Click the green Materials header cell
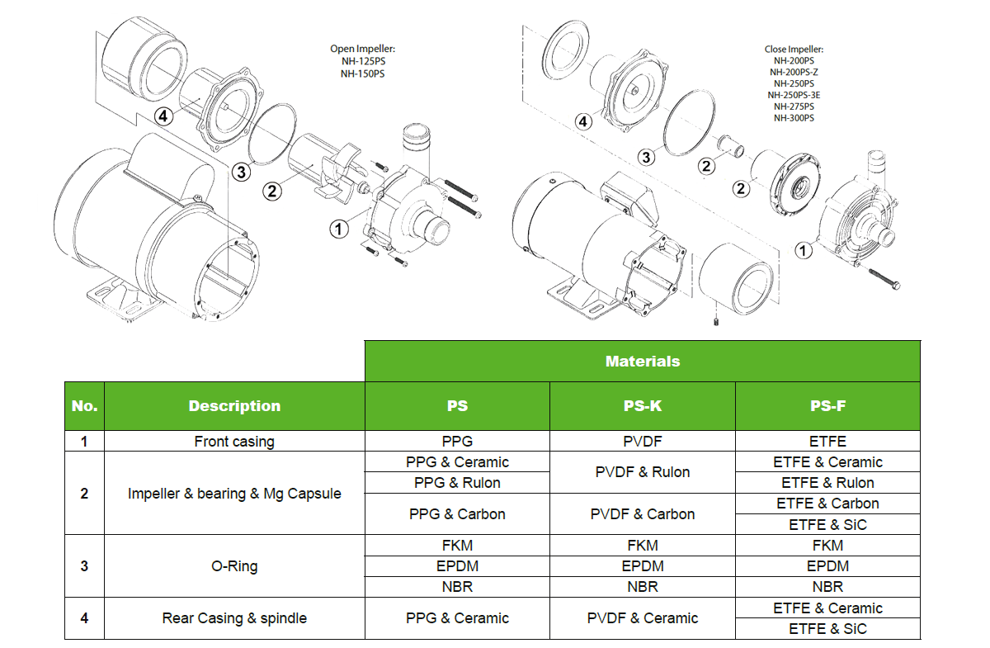tap(642, 361)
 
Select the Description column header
tap(234, 405)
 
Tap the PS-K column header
tap(642, 405)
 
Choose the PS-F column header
tap(827, 405)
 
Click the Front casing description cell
tap(234, 442)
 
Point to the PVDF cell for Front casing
tap(642, 442)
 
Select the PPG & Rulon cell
tap(457, 483)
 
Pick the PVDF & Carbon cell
tap(642, 513)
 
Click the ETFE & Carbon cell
tap(827, 504)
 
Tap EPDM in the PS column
tap(457, 566)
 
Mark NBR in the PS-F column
tap(827, 587)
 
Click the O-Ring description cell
tap(234, 566)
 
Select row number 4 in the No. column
tap(84, 618)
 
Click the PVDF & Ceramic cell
tap(642, 618)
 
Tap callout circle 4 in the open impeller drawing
tap(163, 116)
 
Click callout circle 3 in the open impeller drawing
tap(240, 172)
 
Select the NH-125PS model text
tap(362, 61)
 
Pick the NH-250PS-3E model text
tap(794, 95)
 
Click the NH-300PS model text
tap(794, 118)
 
